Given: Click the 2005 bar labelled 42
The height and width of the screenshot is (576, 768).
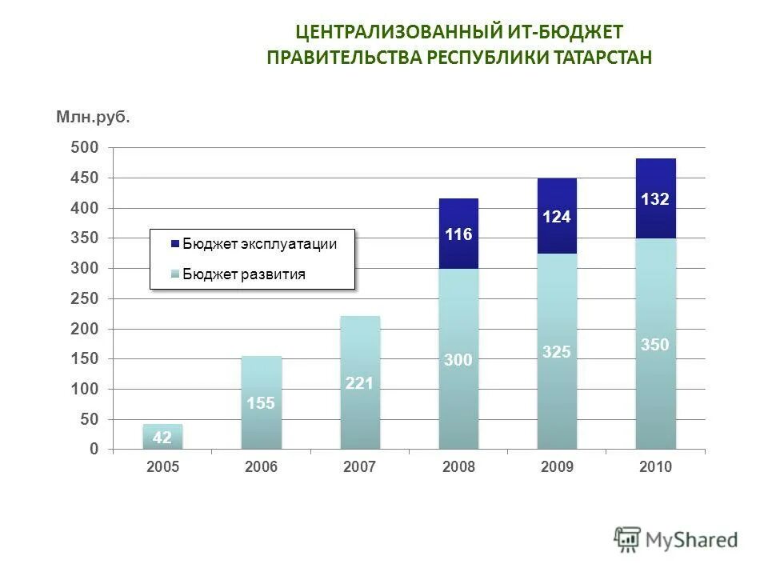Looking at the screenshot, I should point(163,437).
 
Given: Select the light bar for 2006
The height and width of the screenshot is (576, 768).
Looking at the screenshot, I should point(262,402).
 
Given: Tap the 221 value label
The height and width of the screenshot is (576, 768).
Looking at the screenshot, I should point(360,383).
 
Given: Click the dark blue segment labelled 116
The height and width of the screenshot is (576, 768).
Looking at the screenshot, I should point(458,234).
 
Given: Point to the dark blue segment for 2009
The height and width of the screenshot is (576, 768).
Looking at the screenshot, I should point(557,216).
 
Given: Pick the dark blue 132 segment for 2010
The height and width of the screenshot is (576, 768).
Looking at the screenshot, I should point(655,198).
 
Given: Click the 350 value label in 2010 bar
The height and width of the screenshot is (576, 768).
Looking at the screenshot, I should point(655,345).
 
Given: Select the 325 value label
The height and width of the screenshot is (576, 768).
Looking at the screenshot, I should point(557,351).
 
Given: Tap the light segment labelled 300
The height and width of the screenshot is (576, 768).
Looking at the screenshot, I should point(458,360).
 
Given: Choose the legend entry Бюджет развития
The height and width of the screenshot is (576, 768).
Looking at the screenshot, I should point(243,274).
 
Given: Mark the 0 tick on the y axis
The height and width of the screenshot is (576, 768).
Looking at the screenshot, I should point(94,449).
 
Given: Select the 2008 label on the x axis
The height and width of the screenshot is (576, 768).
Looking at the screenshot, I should point(458,467).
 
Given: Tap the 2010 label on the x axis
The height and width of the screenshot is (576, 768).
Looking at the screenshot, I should point(655,467).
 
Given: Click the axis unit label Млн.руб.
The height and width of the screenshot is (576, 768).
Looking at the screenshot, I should point(93,118).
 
